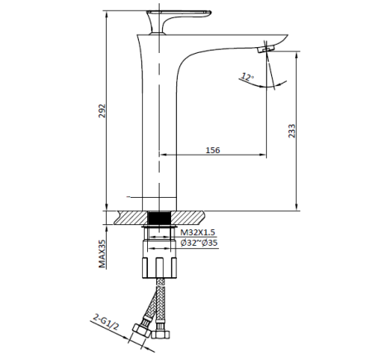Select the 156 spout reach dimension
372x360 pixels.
[212, 150]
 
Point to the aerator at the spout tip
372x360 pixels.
[266, 51]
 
